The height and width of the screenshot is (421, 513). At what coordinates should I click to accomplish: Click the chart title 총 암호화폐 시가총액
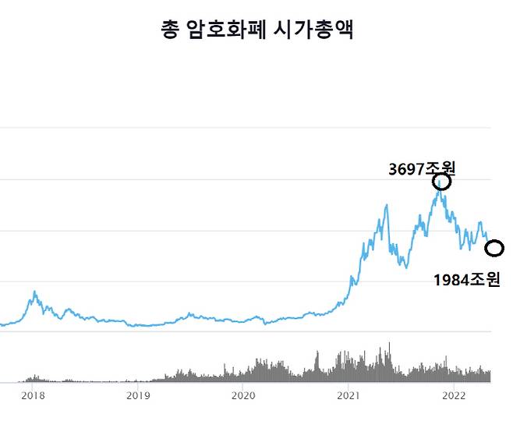click(256, 30)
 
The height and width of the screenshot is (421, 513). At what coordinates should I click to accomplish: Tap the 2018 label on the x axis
click(33, 395)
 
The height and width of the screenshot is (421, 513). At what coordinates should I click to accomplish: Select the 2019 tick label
click(137, 395)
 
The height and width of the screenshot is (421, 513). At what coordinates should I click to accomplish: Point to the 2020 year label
click(242, 395)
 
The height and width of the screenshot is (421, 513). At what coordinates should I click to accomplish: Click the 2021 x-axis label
click(348, 395)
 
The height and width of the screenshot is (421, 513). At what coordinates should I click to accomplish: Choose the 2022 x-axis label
click(454, 395)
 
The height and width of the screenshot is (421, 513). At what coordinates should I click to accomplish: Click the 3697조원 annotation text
click(421, 168)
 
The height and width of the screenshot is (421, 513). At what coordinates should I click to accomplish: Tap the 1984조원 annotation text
click(466, 279)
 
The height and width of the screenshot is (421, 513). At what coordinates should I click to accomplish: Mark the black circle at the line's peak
click(442, 182)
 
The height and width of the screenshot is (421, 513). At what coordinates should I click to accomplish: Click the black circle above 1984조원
click(494, 249)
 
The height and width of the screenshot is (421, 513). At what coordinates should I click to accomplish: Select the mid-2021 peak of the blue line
click(387, 205)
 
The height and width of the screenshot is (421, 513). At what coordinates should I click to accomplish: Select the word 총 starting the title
click(169, 30)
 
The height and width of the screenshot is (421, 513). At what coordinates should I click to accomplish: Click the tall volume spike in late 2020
click(317, 353)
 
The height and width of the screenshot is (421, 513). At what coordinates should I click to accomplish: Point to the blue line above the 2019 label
click(137, 324)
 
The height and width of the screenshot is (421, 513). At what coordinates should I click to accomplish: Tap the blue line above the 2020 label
click(242, 320)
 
